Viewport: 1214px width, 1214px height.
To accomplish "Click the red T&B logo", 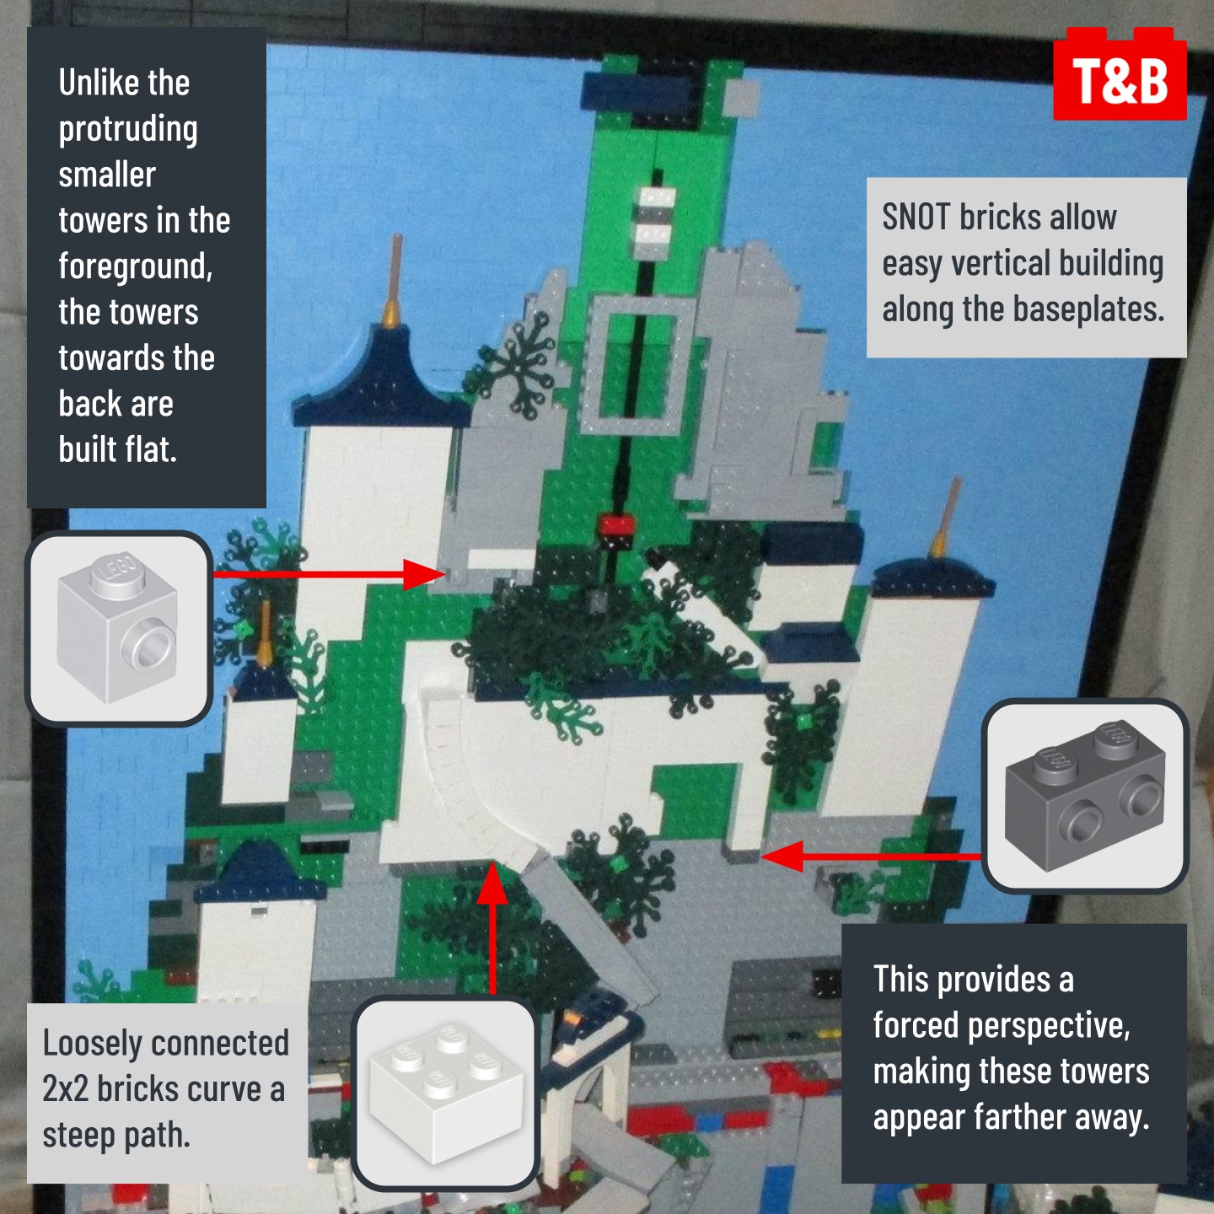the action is click(x=1120, y=73).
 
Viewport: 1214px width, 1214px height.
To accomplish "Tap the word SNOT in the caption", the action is click(x=916, y=218).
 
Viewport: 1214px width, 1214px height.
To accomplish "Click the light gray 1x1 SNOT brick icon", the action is click(x=118, y=629).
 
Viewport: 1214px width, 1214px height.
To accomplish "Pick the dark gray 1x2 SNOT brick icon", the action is click(x=1085, y=797).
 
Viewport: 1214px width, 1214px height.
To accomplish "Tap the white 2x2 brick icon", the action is click(x=445, y=1093).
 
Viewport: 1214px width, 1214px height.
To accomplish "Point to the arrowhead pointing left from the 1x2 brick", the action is click(x=782, y=857).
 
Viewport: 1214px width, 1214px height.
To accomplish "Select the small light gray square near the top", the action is click(x=742, y=97).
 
